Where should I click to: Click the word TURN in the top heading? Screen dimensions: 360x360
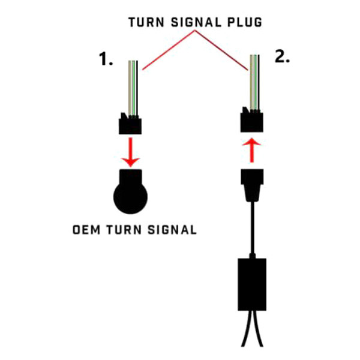click(146, 22)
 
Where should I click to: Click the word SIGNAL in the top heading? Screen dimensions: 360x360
click(196, 22)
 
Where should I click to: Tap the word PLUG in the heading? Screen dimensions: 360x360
click(245, 22)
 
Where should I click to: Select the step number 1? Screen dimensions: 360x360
click(106, 59)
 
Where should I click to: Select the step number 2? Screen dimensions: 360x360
click(282, 56)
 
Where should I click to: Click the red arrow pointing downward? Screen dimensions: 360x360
click(130, 152)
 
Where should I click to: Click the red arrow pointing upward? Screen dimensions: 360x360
click(252, 150)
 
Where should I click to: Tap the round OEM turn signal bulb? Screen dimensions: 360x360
click(130, 192)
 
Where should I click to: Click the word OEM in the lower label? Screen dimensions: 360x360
click(86, 230)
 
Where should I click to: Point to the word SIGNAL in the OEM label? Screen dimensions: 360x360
click(172, 230)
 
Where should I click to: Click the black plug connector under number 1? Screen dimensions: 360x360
click(130, 124)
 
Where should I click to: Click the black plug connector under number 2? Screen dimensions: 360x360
click(251, 119)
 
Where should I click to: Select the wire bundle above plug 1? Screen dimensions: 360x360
click(133, 88)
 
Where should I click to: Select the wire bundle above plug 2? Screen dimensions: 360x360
click(254, 82)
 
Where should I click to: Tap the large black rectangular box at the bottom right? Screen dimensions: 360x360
click(252, 284)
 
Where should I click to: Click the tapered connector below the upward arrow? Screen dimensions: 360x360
click(252, 185)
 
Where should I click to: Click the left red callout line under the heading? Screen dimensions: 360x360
click(169, 50)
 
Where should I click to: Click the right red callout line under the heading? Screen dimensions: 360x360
click(221, 50)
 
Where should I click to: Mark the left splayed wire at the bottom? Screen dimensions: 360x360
click(247, 328)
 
